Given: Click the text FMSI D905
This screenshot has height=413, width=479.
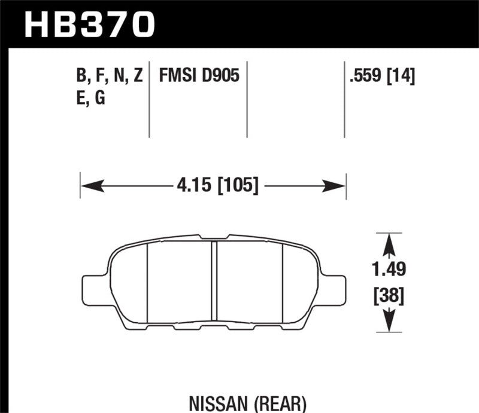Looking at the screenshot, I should (199, 76).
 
